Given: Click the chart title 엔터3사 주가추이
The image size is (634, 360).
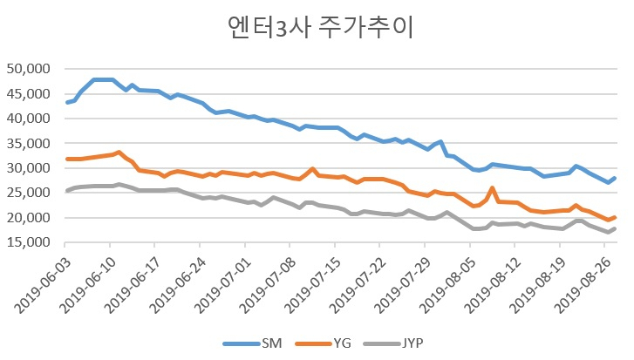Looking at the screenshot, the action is (320, 28).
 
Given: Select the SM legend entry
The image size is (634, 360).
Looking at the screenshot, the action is (252, 343).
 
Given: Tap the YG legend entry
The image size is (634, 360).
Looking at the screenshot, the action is (323, 343).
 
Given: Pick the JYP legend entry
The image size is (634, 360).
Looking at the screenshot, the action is (393, 343).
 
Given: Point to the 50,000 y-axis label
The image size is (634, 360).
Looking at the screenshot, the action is (28, 69).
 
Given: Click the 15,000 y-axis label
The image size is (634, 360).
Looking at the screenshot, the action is (28, 242).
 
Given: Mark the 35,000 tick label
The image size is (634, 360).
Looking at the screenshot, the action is (28, 144).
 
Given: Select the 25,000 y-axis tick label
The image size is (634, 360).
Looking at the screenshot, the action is (28, 193).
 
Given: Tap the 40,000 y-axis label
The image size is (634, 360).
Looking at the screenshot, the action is (28, 119).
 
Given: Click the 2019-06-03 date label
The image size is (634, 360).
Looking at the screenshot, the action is (43, 284).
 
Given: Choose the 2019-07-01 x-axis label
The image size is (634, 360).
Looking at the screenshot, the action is (223, 284).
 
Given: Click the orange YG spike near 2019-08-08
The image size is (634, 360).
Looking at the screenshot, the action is (492, 188).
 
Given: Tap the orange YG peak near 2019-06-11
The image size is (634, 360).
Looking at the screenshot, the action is (119, 153).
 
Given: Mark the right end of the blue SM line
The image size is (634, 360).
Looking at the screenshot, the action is (615, 178).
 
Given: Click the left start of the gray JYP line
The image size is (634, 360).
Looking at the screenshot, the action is (67, 191).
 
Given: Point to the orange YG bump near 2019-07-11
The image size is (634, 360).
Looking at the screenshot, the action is (312, 169).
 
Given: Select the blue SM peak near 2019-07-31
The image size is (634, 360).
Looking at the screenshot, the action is (440, 142).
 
